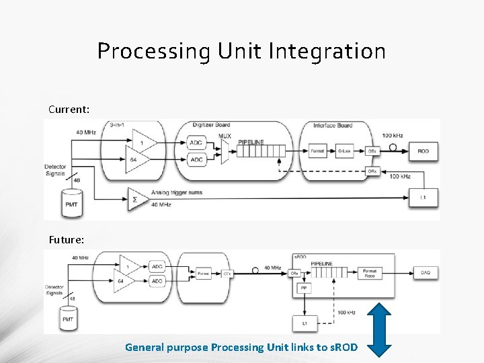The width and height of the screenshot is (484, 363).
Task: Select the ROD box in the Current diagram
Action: coord(423,151)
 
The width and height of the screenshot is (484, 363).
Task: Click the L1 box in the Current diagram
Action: coord(423,197)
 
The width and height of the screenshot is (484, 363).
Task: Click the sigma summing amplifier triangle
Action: coord(136,199)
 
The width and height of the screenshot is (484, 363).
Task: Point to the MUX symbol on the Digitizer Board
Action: coord(225,152)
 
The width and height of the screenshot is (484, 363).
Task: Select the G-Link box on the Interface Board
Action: coord(345,151)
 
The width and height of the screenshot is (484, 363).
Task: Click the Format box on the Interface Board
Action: coord(317,151)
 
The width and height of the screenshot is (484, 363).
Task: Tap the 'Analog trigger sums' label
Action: coord(176,193)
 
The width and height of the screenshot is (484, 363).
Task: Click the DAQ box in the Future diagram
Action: coord(426,272)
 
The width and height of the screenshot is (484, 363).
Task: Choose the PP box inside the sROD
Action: coord(303,288)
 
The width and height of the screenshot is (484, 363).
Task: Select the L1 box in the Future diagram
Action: coord(304,323)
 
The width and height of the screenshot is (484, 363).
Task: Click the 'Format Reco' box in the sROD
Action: coord(369,272)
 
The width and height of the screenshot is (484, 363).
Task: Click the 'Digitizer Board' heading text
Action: coord(210,126)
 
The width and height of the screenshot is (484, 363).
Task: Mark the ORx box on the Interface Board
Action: coord(372,171)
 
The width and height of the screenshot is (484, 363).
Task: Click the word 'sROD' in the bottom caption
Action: coord(344,348)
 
